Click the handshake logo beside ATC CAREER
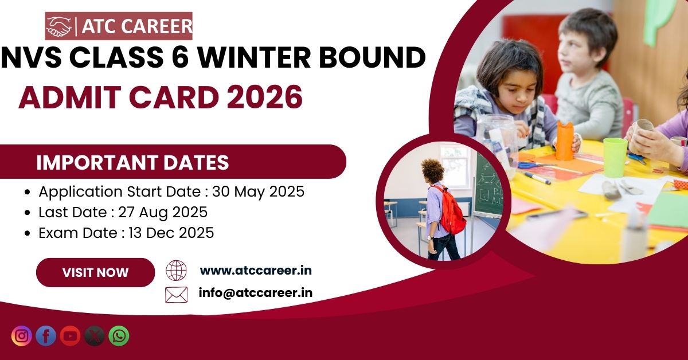click(58, 26)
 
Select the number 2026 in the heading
click(265, 97)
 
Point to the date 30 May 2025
click(259, 191)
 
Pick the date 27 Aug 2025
click(163, 212)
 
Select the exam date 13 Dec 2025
click(171, 233)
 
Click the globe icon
click(177, 271)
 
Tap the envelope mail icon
click(177, 295)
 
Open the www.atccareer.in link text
click(256, 271)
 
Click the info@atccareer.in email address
click(256, 293)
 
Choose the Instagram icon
click(22, 336)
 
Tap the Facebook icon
click(46, 336)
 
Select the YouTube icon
click(70, 336)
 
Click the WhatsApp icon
click(119, 336)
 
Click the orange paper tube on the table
click(565, 141)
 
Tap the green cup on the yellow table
click(615, 157)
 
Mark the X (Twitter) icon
click(95, 336)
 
